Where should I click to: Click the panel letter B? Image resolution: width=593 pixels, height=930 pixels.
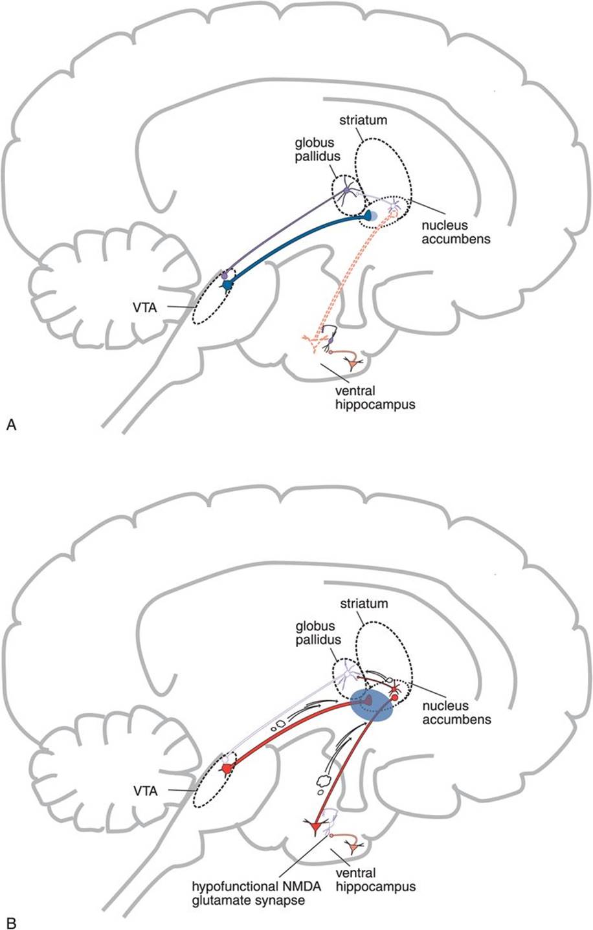pos(10,922)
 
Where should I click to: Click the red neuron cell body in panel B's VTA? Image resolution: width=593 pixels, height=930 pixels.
pos(227,768)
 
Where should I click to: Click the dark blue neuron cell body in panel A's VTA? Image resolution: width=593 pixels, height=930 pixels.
pos(227,283)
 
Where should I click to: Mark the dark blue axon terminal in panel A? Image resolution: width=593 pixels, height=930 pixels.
pos(370,216)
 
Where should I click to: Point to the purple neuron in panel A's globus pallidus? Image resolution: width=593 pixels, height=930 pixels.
pos(349,190)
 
